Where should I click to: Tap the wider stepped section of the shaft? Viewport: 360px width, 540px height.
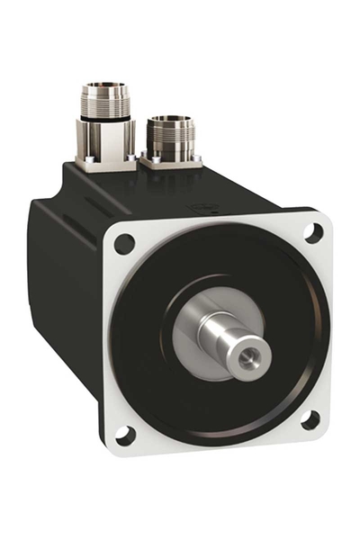click(x=216, y=328)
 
